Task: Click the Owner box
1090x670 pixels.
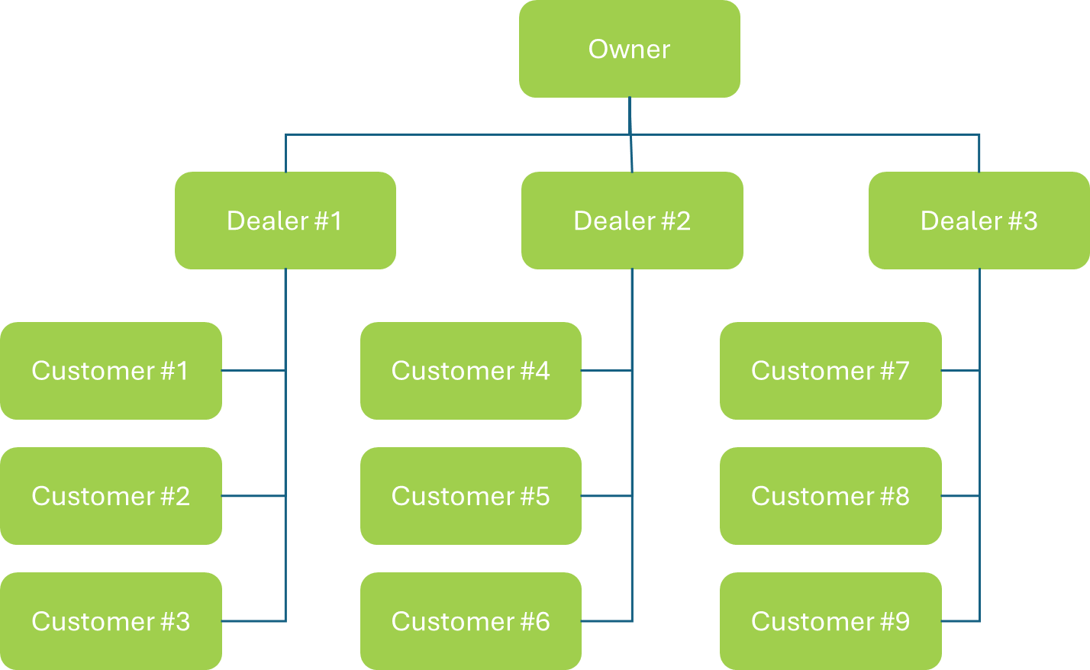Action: pos(629,49)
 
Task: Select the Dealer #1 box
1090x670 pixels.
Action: pos(285,221)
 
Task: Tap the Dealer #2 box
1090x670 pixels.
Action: pos(632,221)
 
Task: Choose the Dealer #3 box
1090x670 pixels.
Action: pos(979,221)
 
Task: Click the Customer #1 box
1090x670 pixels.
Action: pos(111,371)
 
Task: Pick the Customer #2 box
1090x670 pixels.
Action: pos(111,496)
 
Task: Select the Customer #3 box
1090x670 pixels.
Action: pos(111,621)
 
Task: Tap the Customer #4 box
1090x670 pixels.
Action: pos(470,371)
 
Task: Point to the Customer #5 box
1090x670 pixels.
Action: pos(470,496)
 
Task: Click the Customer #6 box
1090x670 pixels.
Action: pos(470,621)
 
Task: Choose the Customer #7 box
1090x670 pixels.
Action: pos(830,371)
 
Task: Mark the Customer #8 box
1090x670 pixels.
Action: pos(830,496)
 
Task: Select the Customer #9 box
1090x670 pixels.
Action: pos(830,621)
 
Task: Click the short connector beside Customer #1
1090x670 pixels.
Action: pos(253,371)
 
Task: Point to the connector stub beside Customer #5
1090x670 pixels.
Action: pos(607,496)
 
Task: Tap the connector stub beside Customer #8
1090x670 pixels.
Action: pos(960,496)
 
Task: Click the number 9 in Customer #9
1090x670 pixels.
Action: pos(902,621)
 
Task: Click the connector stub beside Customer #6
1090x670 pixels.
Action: pos(607,621)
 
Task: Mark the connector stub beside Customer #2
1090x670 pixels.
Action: pos(253,496)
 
